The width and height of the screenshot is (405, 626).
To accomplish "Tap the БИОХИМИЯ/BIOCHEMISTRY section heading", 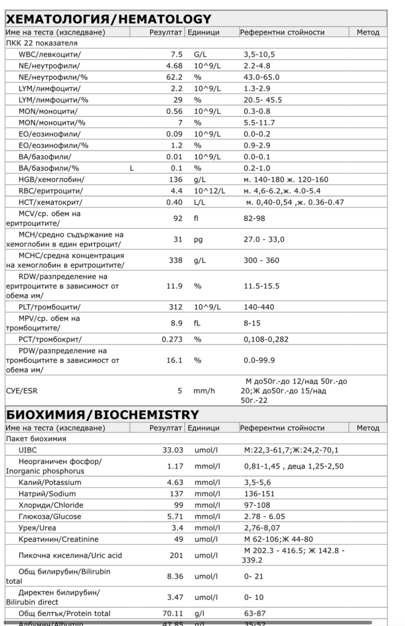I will (x=102, y=414).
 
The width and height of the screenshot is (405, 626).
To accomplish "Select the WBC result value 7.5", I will (x=177, y=54).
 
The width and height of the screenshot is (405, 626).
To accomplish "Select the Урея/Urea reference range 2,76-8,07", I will (x=260, y=524).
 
